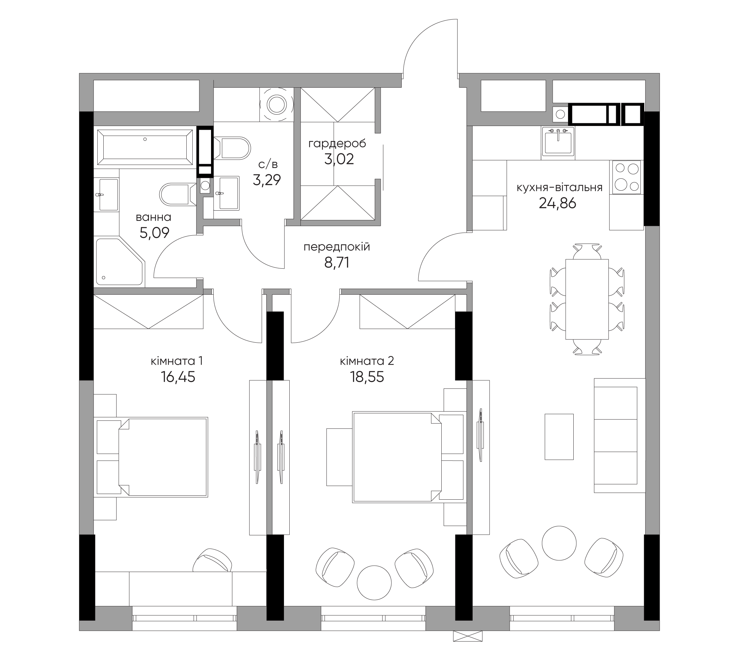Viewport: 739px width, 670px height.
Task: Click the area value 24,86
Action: (x=557, y=203)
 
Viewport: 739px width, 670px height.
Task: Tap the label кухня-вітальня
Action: (x=559, y=188)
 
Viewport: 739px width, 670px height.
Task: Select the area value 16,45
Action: (x=178, y=377)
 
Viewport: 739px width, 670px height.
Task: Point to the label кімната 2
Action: (x=367, y=361)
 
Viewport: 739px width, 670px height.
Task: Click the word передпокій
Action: (x=337, y=247)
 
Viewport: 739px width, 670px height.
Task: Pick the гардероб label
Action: (x=337, y=144)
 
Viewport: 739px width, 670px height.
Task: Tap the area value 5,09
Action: (x=154, y=233)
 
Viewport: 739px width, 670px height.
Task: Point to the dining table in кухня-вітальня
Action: (x=587, y=299)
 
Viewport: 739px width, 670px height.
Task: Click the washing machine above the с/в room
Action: (x=276, y=105)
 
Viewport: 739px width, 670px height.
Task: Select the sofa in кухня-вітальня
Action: (x=619, y=435)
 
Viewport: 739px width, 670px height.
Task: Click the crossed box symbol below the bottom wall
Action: (x=468, y=636)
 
